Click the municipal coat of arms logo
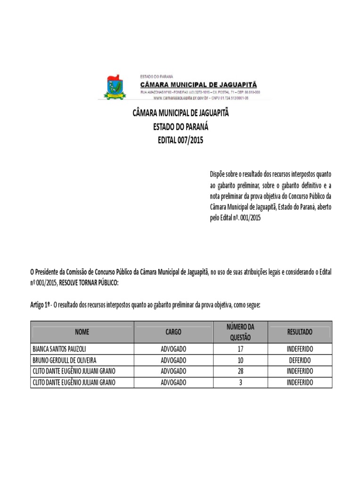tap(113, 87)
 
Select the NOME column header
tap(82, 332)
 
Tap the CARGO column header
tap(173, 332)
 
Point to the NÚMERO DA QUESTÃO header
tap(240, 332)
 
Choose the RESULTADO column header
tap(300, 332)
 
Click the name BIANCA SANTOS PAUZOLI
tap(59, 349)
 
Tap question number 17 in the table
tap(240, 349)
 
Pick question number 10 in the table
tap(240, 360)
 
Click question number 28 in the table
tap(240, 371)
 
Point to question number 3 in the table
tap(240, 383)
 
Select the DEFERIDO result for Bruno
tap(300, 360)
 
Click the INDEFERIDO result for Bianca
tap(300, 349)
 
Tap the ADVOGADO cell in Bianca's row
tap(173, 349)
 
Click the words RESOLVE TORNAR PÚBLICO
tap(89, 282)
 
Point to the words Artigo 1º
tap(41, 306)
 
